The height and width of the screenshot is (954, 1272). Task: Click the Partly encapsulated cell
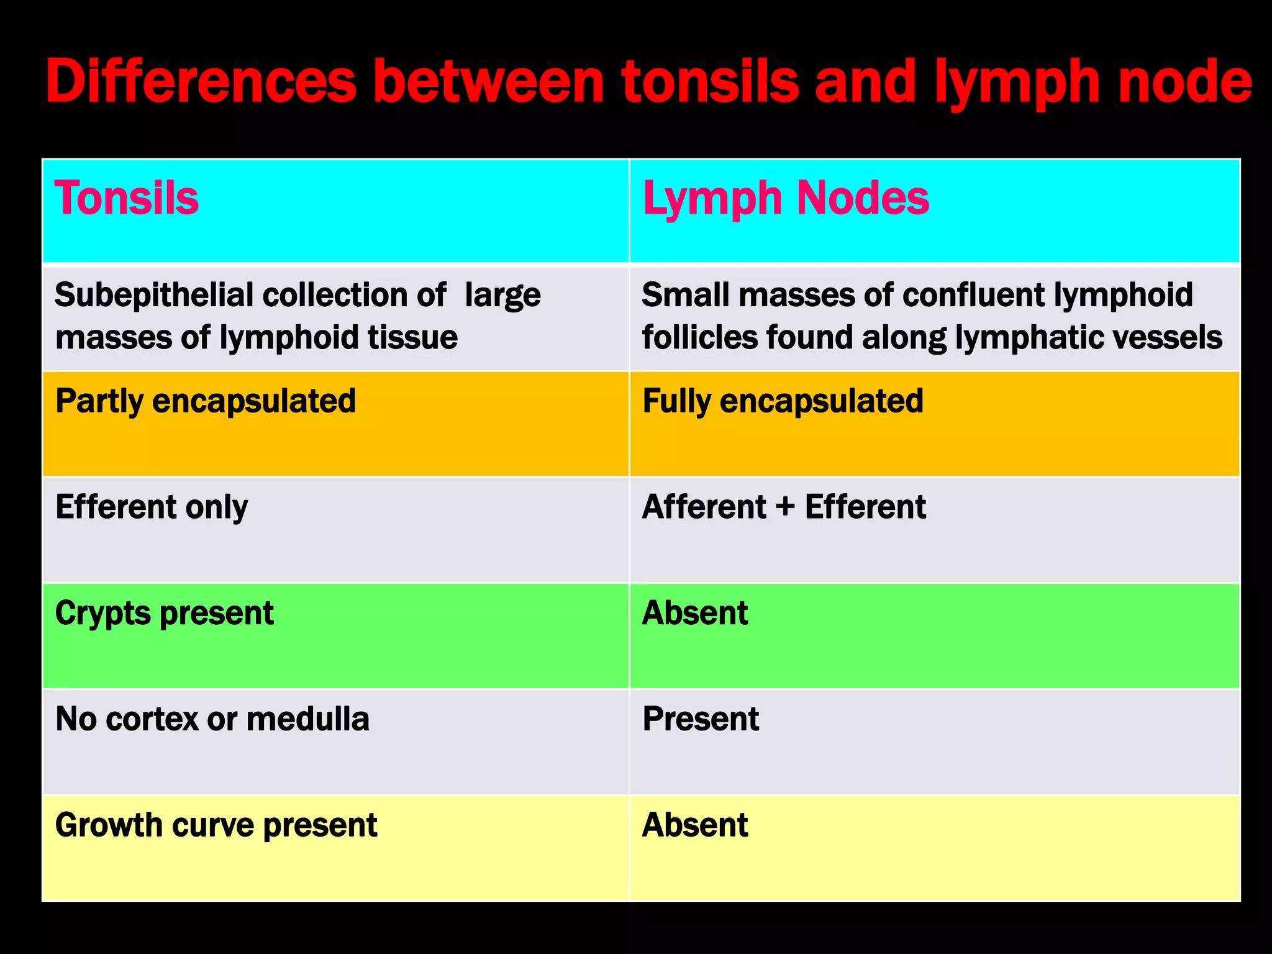click(x=206, y=401)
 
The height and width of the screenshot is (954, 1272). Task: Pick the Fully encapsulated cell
click(x=783, y=401)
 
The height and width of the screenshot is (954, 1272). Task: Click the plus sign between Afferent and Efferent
click(x=785, y=507)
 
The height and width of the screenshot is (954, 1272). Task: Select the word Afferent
click(x=704, y=507)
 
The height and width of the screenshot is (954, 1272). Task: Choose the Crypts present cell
click(x=164, y=614)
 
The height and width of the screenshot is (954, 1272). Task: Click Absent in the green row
click(x=695, y=614)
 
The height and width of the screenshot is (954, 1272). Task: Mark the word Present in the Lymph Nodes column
click(x=701, y=719)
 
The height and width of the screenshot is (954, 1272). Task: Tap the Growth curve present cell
click(x=216, y=825)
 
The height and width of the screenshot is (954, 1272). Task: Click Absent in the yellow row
click(x=695, y=825)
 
